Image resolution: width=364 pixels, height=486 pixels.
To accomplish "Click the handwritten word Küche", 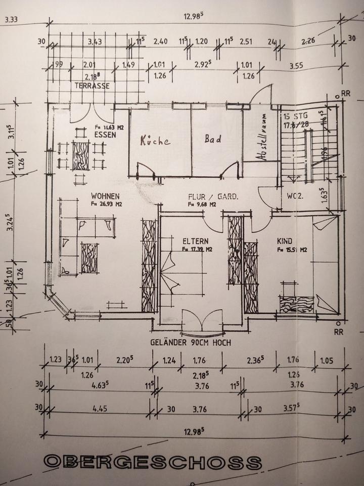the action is point(155,141).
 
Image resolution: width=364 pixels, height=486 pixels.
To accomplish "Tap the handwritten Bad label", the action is point(213,139).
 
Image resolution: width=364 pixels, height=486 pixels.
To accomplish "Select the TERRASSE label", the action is point(92,86).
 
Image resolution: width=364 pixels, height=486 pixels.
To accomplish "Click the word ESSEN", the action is point(105,135).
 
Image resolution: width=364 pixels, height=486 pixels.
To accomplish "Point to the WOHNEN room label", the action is point(105,196).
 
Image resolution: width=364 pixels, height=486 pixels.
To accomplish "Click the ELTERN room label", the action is point(196,241).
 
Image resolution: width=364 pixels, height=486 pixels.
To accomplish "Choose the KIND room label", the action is point(285,241).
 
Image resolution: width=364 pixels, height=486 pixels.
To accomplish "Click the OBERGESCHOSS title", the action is point(153,462).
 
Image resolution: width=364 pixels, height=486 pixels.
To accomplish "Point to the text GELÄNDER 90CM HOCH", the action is point(191,343).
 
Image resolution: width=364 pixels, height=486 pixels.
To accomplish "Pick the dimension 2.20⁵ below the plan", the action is point(124,360).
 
